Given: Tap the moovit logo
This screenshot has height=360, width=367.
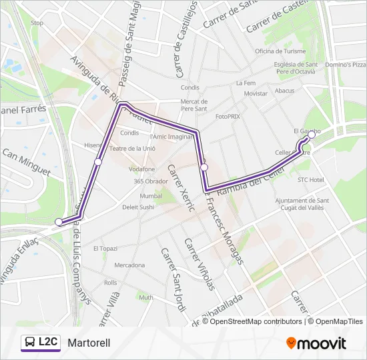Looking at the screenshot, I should [316, 343].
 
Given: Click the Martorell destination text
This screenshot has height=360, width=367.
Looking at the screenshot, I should [89, 343].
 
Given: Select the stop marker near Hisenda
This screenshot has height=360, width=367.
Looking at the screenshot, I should [98, 162].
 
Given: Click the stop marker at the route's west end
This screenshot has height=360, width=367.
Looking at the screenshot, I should [59, 222].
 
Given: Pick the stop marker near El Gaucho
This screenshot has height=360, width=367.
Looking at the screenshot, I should [312, 135].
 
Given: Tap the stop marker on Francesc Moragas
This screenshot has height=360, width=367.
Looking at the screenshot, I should [204, 167].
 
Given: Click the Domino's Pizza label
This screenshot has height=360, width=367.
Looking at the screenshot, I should [346, 65].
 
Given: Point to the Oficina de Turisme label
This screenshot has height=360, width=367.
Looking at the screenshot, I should [280, 51].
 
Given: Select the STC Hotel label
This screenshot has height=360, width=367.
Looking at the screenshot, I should [310, 180].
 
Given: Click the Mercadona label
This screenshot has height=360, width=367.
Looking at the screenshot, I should [129, 265].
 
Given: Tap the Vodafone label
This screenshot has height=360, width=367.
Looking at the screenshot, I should [141, 169].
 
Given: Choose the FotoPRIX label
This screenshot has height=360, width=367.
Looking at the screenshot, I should [228, 116].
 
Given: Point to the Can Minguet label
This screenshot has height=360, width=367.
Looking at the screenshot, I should [27, 162].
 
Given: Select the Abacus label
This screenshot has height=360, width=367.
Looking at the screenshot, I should [284, 91].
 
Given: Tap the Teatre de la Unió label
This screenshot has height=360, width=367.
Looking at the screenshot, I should [133, 149].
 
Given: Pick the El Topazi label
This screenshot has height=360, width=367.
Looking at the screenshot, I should [105, 248].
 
